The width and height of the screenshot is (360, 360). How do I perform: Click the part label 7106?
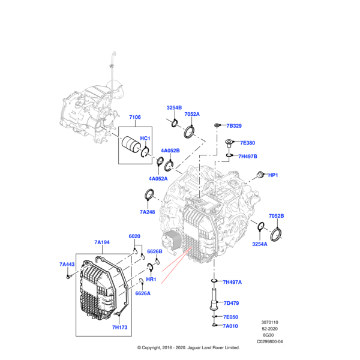click(x=134, y=118)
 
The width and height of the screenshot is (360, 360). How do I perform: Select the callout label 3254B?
click(x=174, y=108)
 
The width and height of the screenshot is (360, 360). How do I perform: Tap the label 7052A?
click(x=192, y=114)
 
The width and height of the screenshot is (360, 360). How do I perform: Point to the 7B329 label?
click(x=233, y=126)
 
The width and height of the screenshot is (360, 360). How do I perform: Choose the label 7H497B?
click(x=247, y=157)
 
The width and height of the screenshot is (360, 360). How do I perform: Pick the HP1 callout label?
click(x=274, y=175)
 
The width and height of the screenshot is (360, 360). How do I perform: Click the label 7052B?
click(x=276, y=215)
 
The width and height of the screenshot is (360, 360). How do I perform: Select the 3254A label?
click(x=260, y=244)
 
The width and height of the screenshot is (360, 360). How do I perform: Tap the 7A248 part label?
click(x=148, y=212)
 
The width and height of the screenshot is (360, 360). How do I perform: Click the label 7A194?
click(x=102, y=242)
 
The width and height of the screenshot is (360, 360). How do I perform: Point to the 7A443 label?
click(x=67, y=265)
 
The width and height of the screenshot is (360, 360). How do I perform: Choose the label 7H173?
click(x=120, y=328)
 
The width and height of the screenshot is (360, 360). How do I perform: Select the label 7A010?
click(x=231, y=326)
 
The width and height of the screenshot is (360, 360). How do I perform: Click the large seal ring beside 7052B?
click(x=278, y=233)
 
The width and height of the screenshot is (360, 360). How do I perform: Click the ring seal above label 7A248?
click(x=148, y=195)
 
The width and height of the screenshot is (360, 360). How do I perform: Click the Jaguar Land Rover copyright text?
click(x=188, y=347)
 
